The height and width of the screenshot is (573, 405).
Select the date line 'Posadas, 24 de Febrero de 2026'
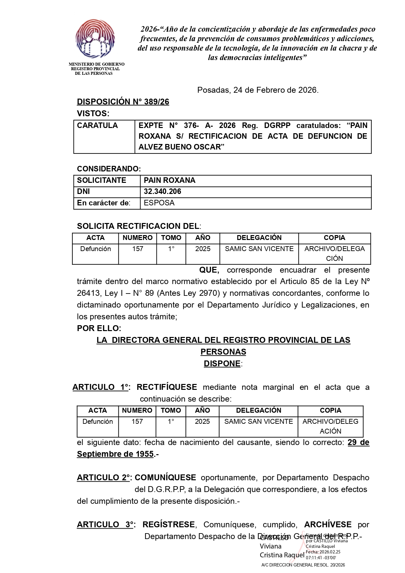258,90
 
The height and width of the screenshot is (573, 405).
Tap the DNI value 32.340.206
162,192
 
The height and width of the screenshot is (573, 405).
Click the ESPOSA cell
159,203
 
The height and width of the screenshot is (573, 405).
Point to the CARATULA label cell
97,125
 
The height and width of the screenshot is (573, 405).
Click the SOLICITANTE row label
101,180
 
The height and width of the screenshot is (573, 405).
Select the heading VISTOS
93,114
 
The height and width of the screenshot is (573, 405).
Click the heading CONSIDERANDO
109,169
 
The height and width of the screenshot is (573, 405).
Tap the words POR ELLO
99,328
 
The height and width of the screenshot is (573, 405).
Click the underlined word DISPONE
222,363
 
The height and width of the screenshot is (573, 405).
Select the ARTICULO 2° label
104,478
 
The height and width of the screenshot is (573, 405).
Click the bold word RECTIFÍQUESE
167,387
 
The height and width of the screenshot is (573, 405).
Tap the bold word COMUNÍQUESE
165,478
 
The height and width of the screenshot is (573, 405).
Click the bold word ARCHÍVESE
328,525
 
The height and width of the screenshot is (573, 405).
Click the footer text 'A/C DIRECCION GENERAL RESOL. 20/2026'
303,565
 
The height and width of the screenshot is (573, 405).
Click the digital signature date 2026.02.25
329,552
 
